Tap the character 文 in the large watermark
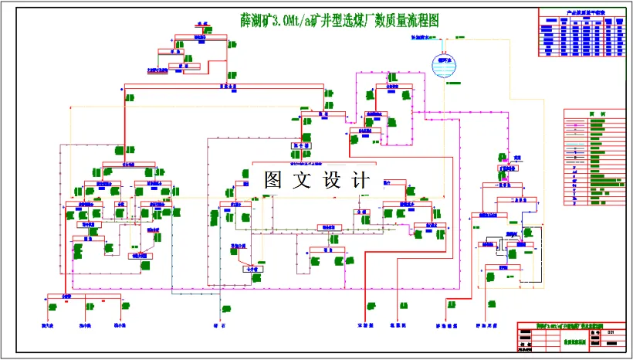(x=303, y=181)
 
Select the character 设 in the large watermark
(x=333, y=181)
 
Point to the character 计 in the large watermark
(x=361, y=181)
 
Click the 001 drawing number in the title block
(x=610, y=332)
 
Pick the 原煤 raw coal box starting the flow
(x=202, y=24)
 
